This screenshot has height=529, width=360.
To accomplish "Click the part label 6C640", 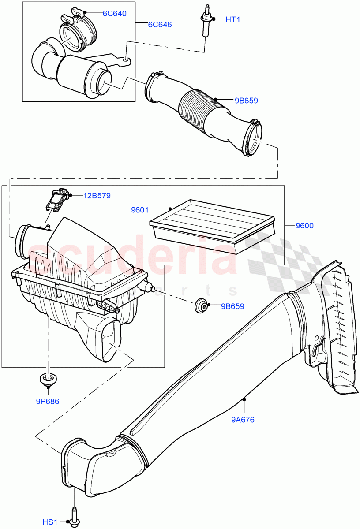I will tap(114, 13).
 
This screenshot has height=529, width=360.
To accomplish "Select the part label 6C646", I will tap(160, 25).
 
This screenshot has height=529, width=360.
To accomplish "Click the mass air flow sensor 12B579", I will tap(56, 201).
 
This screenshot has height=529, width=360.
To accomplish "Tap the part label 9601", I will tap(140, 210).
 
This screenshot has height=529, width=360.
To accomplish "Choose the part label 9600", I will tap(304, 226).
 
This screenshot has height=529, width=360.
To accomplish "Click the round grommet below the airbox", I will tap(47, 378).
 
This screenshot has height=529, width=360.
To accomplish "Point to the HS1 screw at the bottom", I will tap(74, 516).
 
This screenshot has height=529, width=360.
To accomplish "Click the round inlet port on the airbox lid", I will tap(22, 241).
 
